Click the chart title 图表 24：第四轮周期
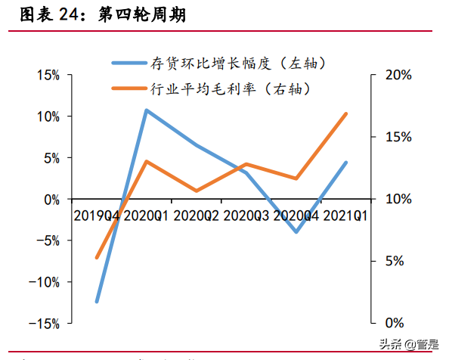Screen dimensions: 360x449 (103, 14)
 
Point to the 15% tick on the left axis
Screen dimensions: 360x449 (47, 76)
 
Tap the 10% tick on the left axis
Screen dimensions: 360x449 (47, 116)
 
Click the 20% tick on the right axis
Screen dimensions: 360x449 (397, 76)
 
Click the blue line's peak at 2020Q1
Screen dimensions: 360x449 (147, 110)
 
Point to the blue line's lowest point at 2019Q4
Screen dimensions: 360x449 (97, 301)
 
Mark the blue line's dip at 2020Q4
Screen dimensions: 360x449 (296, 231)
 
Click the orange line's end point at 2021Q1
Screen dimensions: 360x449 (345, 114)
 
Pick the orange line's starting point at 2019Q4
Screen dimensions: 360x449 (97, 257)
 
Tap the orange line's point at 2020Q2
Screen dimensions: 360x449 (197, 191)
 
